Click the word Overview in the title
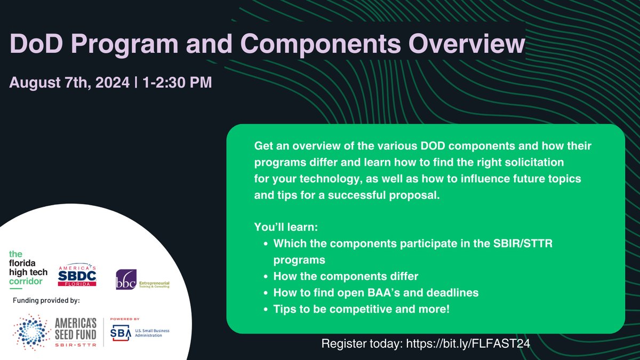467,43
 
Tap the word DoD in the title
36,43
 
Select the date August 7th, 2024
69,83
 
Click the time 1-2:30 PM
177,82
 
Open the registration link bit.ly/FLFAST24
468,343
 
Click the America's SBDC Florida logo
77,275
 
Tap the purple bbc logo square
126,279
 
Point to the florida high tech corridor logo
28,269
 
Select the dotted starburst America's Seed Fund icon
31,332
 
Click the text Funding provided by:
46,301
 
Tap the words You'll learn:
286,227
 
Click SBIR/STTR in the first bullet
523,243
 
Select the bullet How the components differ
346,276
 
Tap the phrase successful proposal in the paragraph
383,195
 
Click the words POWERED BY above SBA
125,319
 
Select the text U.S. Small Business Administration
153,333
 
